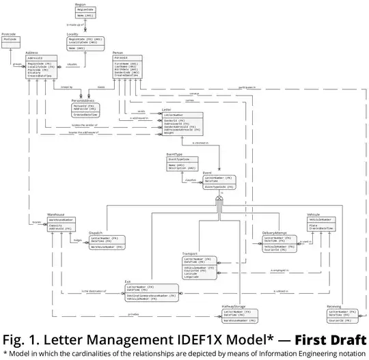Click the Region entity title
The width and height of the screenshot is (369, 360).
81,3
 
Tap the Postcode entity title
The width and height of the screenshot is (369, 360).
9,33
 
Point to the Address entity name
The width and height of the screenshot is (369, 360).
31,52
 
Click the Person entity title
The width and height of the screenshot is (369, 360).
118,52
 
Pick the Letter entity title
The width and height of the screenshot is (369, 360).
167,109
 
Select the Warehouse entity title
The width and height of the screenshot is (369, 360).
56,214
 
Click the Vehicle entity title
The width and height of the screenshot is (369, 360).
314,214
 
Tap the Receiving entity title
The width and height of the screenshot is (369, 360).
334,307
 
